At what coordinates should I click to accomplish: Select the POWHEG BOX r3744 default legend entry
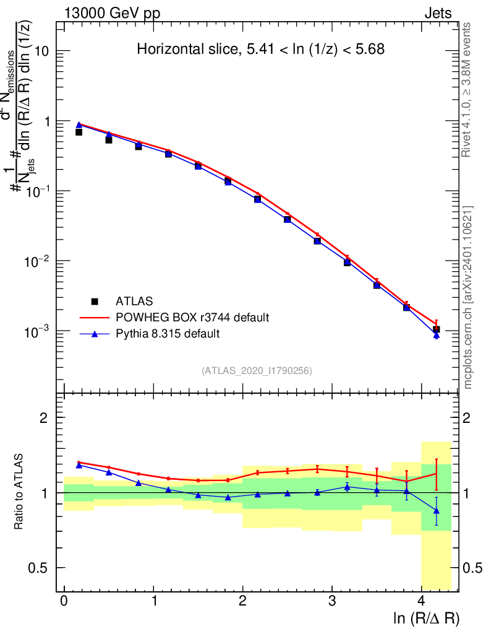click(192, 318)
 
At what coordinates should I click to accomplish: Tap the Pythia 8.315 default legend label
click(168, 334)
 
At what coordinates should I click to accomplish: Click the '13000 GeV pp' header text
click(111, 13)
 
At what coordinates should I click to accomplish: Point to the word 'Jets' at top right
click(438, 13)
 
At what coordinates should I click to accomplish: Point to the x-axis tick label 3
click(332, 601)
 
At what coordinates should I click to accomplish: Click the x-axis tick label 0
click(64, 601)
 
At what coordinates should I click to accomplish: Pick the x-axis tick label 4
click(421, 601)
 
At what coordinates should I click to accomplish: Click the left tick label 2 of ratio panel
click(45, 418)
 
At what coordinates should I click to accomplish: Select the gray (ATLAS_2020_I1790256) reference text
click(257, 371)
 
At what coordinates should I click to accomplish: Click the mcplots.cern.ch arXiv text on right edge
click(468, 297)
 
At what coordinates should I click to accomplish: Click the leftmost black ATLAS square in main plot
click(79, 132)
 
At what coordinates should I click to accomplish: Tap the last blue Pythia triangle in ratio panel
click(437, 511)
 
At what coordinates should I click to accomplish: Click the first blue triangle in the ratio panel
click(79, 464)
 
